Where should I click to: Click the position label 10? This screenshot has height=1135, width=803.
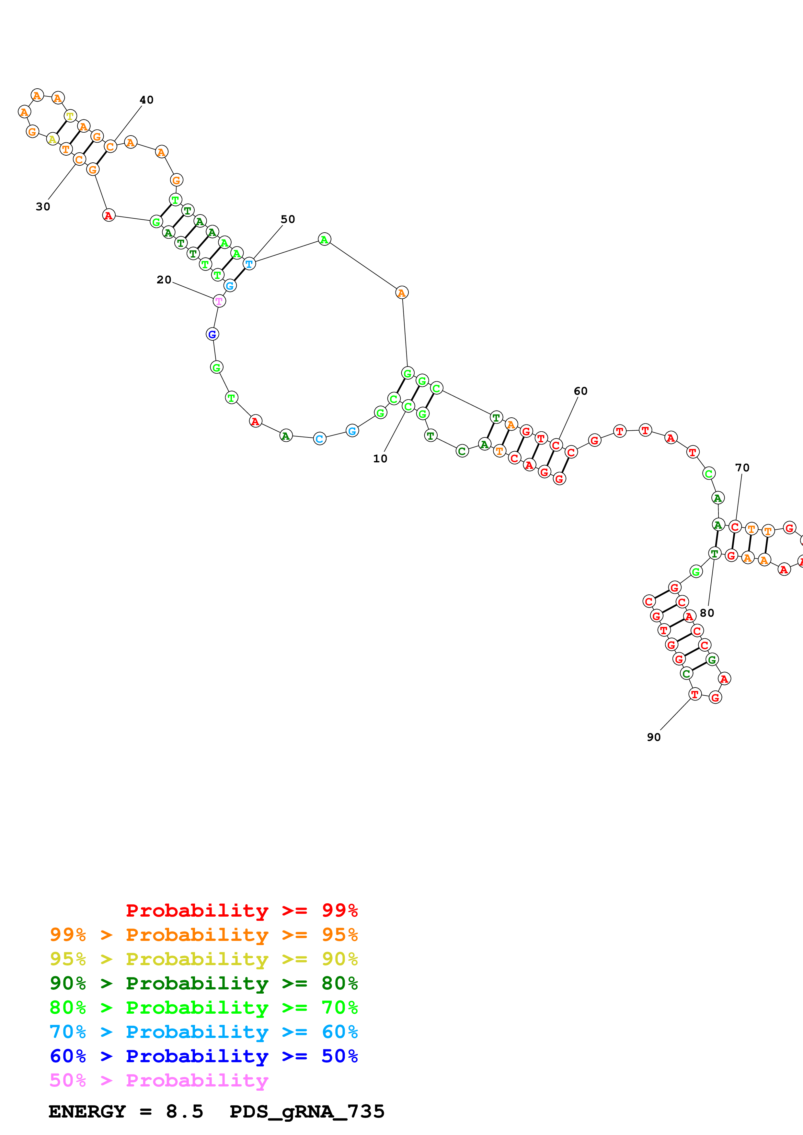tap(380, 459)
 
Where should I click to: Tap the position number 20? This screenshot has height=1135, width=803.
tap(164, 280)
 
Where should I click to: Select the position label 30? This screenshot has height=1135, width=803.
tap(43, 207)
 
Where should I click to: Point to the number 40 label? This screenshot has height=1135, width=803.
tap(146, 100)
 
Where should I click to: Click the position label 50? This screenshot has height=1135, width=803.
tap(288, 219)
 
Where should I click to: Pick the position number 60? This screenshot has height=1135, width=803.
tap(580, 391)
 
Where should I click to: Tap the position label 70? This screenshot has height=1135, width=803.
tap(742, 468)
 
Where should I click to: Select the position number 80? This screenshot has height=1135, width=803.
tap(707, 613)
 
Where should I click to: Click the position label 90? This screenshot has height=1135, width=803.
tap(654, 737)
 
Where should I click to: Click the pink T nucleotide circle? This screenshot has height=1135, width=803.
tap(219, 301)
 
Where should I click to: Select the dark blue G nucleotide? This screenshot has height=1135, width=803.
tap(212, 334)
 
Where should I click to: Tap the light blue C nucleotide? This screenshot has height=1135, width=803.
tap(320, 438)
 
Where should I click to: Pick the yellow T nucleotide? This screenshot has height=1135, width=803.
tap(70, 116)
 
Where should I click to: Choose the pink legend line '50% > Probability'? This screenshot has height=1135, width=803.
tap(158, 1080)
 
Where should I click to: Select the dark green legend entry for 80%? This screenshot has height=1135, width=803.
tap(203, 983)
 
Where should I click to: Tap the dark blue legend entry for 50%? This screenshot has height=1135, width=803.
tap(203, 1056)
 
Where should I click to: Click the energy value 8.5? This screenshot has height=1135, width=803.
tap(185, 1111)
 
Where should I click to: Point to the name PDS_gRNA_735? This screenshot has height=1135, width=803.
tap(307, 1111)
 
